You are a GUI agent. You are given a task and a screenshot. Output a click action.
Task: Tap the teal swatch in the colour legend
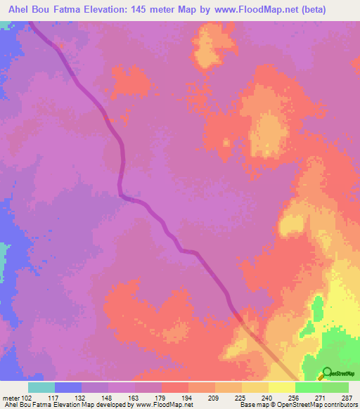tap(41, 387)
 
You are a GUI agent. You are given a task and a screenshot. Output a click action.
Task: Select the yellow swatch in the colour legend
tap(282, 387)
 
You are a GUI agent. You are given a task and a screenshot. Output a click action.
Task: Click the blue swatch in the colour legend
tap(68, 387)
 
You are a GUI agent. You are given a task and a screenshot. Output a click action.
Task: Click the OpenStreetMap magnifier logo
tap(326, 373)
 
